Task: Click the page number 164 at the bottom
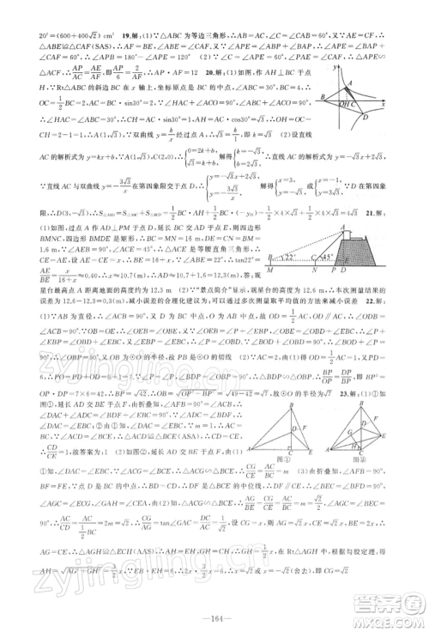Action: (214, 612)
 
